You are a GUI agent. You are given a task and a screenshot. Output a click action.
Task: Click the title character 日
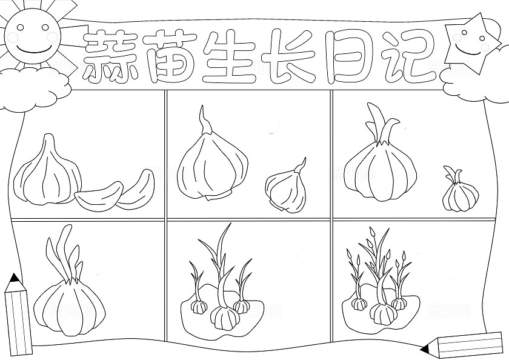pos(347,56)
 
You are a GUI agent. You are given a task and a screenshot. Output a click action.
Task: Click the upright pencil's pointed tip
pos(13,278)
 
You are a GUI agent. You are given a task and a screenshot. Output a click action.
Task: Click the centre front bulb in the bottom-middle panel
pos(224,317)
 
